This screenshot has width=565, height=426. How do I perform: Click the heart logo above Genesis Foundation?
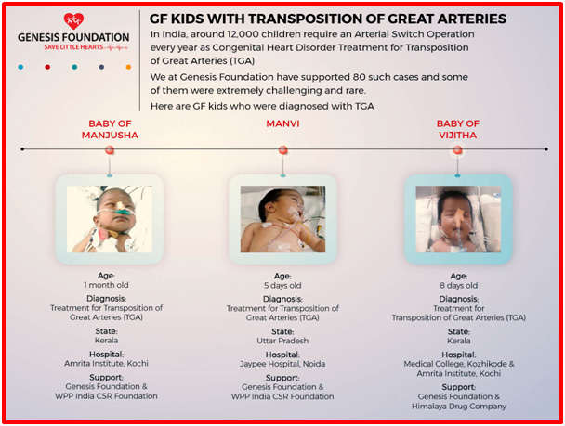tap(73, 21)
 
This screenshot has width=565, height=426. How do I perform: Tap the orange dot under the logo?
tap(128, 67)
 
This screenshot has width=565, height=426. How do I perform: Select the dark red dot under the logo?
tap(47, 67)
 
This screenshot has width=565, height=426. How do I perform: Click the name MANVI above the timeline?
tap(282, 123)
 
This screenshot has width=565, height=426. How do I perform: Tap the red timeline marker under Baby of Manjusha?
tap(110, 150)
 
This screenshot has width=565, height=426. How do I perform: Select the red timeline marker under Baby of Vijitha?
tap(457, 149)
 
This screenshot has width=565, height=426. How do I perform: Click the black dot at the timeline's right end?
tap(546, 148)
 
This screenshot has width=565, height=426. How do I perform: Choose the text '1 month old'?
tap(106, 285)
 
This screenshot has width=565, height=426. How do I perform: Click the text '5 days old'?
tap(282, 286)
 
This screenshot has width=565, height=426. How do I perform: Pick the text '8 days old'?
tap(459, 286)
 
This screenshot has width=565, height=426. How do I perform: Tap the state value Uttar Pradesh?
tap(282, 341)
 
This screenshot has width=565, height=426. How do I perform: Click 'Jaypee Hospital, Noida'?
tap(282, 364)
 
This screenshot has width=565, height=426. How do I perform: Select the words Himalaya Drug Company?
tap(459, 407)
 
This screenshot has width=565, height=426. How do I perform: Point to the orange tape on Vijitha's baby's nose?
tap(459, 216)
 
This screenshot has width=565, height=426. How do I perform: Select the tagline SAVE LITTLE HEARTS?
tap(73, 47)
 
